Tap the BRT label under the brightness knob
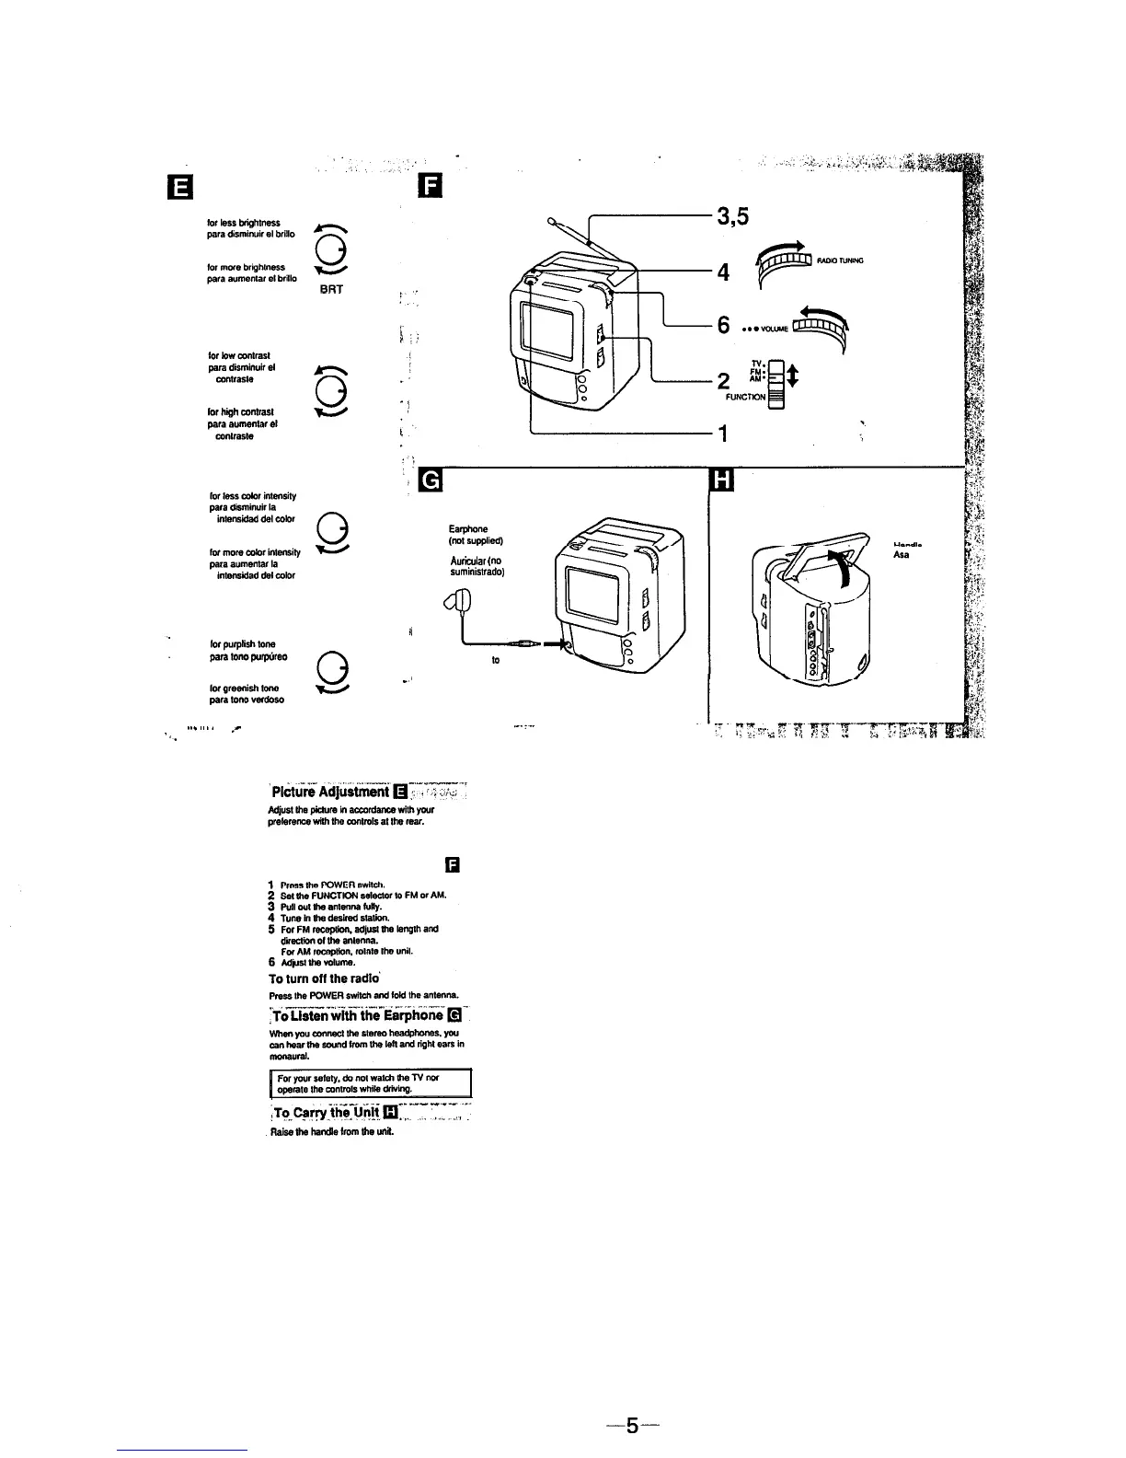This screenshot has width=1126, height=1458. point(332,288)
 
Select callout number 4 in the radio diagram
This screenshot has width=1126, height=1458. point(723,272)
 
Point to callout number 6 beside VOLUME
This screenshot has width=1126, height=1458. point(723,326)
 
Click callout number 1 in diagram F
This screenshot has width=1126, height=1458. point(723,434)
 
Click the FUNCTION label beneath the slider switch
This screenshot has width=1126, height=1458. point(746,401)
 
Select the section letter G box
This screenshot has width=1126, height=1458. point(430,481)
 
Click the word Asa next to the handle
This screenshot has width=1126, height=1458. point(901,556)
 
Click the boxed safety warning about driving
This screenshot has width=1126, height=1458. point(370,1084)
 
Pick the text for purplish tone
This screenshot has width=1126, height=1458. point(244,643)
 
